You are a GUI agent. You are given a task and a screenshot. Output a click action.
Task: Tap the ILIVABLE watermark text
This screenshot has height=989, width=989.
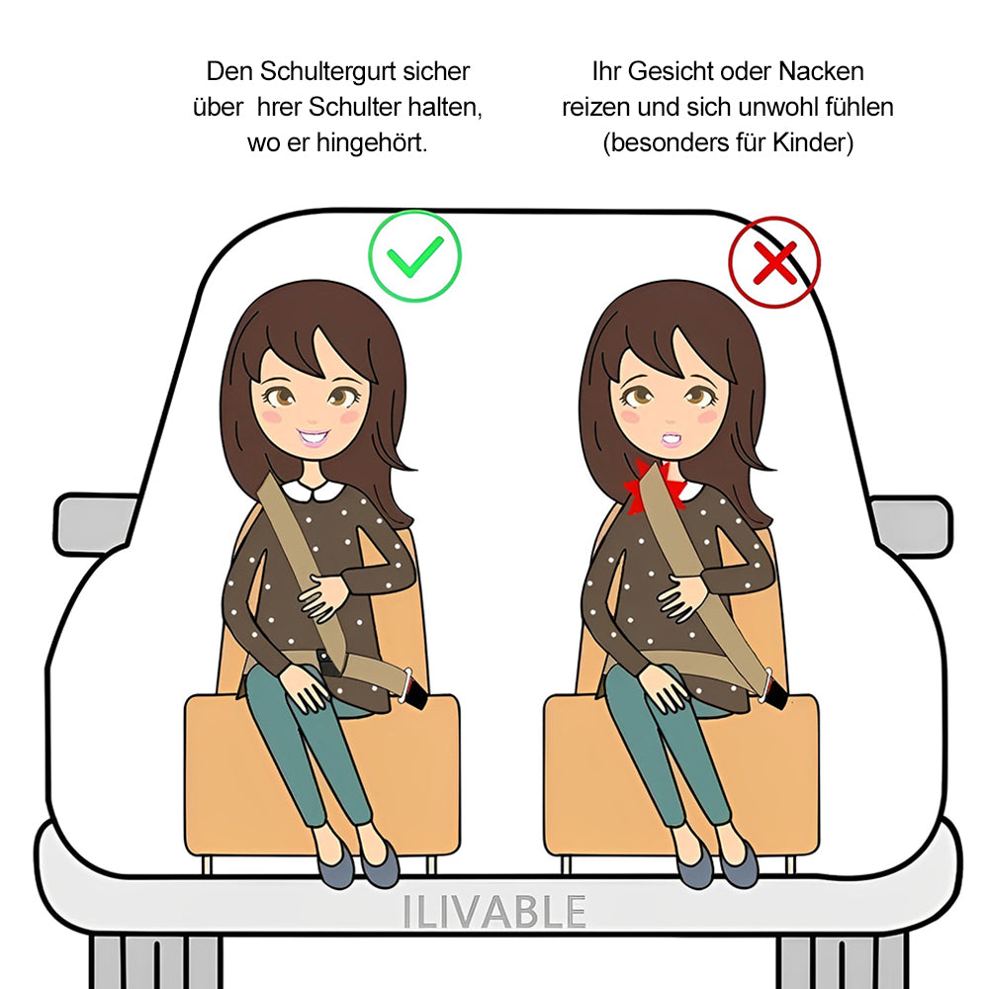tap(494, 912)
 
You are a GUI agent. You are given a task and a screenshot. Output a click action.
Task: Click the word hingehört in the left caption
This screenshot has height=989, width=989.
tap(372, 142)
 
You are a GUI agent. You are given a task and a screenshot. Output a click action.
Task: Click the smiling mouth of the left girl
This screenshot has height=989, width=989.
tap(314, 436)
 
